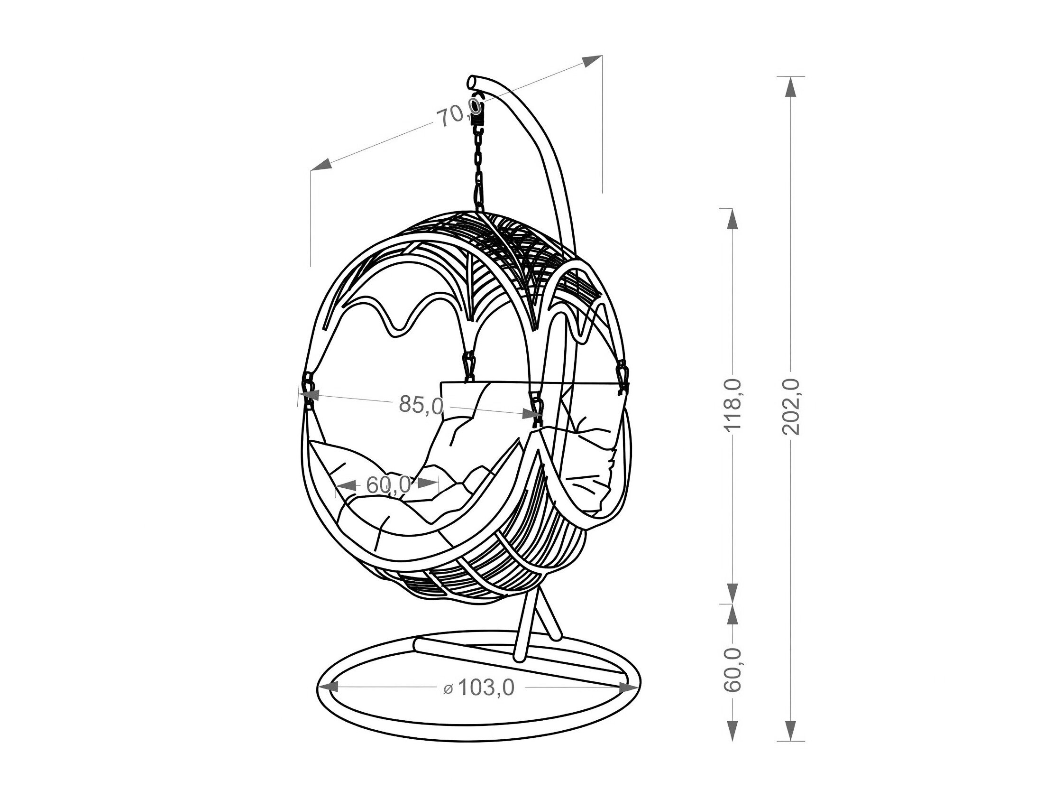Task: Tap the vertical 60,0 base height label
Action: click(733, 669)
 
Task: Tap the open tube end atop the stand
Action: click(473, 83)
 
